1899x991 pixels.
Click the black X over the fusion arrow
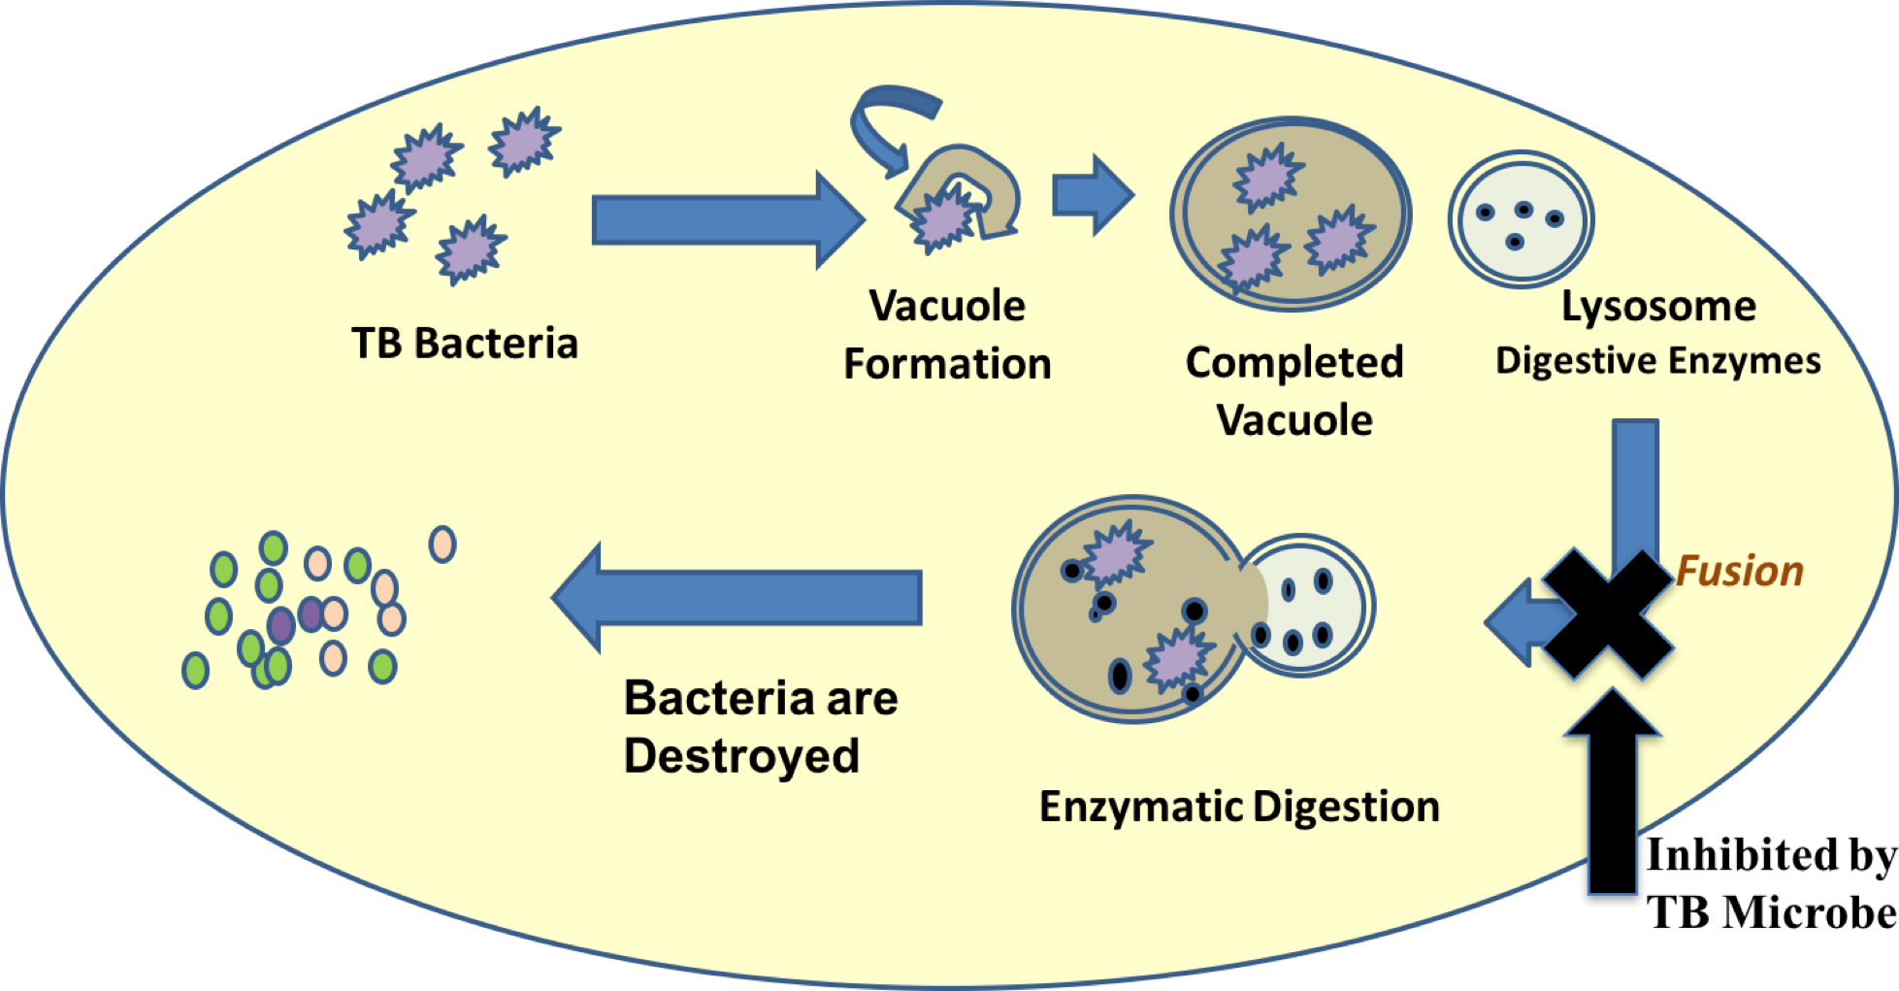[x=1608, y=613]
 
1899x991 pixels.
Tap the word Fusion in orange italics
[x=1740, y=571]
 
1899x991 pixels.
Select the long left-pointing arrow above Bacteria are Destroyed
[x=737, y=596]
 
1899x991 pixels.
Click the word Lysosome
[x=1658, y=307]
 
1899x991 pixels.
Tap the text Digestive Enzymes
[x=1657, y=361]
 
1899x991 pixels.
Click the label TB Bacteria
[x=464, y=344]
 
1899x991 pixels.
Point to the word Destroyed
[x=741, y=756]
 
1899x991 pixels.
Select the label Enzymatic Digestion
[x=1239, y=807]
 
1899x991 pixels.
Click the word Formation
[x=947, y=364]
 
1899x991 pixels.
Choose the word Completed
[x=1294, y=363]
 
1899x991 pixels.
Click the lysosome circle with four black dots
[x=1521, y=219]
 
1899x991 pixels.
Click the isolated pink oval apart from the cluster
[x=442, y=545]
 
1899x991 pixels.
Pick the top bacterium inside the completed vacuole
[x=1267, y=178]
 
